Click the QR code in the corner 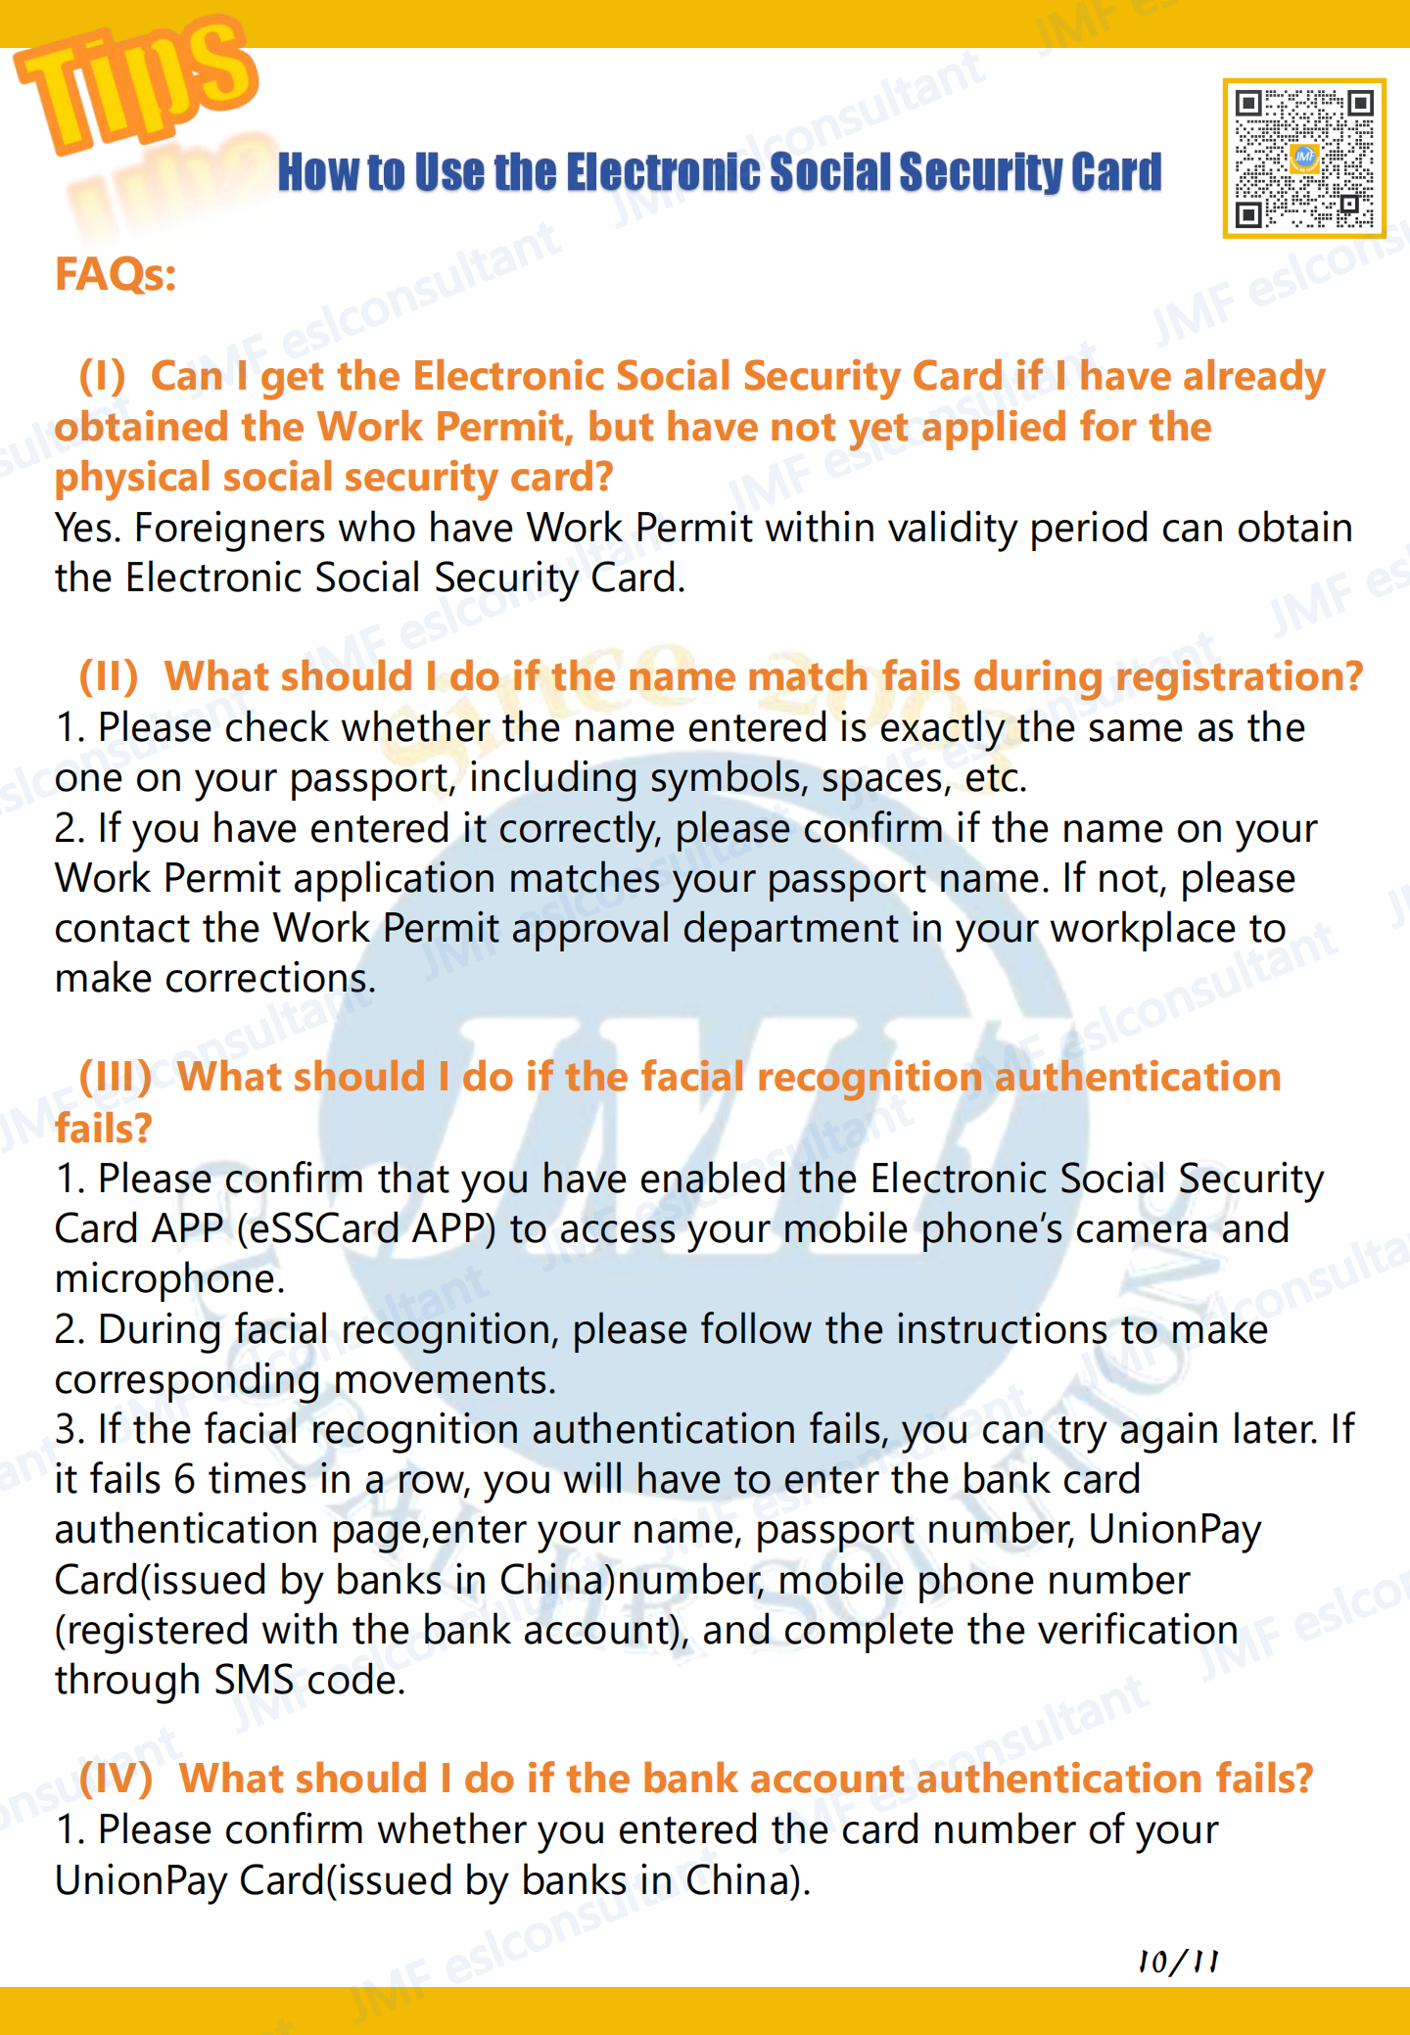pos(1303,159)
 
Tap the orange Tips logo pos(137,83)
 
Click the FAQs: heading pos(116,274)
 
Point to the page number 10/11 pos(1178,1961)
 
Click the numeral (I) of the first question pos(103,377)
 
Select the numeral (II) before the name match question pos(109,677)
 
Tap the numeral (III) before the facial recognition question pos(116,1078)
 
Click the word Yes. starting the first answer pos(87,529)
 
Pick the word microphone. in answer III pos(169,1279)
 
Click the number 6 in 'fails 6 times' pos(184,1480)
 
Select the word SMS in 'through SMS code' pos(254,1681)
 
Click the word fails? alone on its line pos(103,1129)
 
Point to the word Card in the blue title pos(1116,172)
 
